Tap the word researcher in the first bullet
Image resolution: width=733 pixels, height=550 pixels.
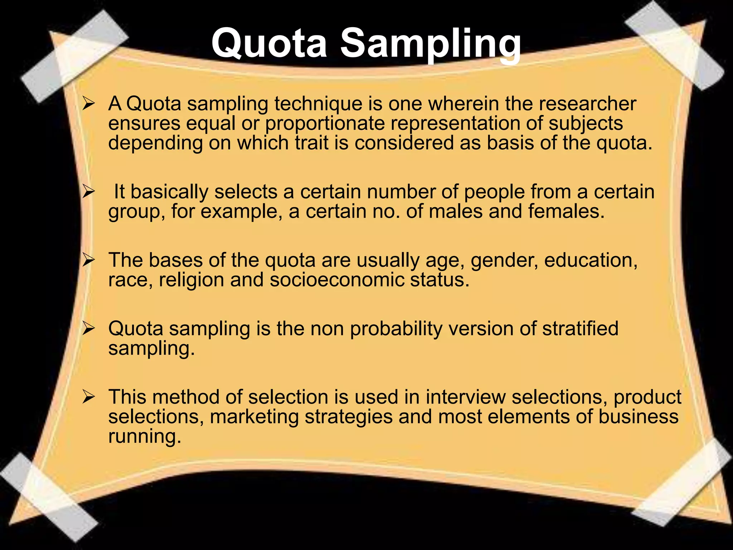587,104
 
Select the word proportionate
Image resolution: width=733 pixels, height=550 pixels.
325,124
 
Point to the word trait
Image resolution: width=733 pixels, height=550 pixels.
311,143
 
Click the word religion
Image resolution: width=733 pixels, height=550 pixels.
191,280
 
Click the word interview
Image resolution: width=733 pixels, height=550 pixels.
466,397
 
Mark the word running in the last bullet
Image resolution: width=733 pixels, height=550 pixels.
145,437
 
